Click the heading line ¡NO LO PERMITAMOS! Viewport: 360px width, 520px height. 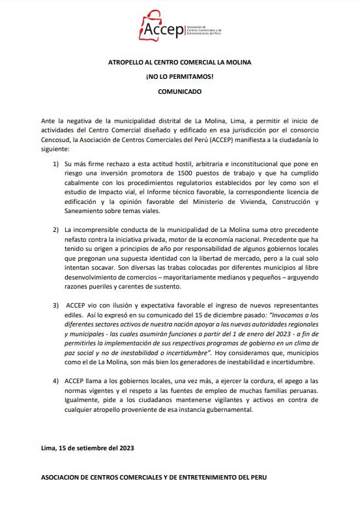click(179, 77)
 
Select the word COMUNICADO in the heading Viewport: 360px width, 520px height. click(179, 92)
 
